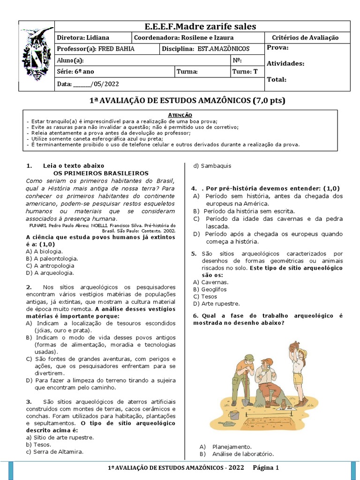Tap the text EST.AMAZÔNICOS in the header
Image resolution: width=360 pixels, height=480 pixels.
point(224,49)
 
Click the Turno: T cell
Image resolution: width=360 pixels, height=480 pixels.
point(245,72)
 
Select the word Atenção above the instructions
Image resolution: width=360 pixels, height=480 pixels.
point(180,115)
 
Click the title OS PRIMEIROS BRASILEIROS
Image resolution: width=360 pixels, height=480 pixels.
point(101,173)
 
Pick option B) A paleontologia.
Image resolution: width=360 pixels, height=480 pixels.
point(52,258)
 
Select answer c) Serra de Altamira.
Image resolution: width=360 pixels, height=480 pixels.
point(55,452)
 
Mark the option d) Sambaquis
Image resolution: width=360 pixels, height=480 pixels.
point(212,165)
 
